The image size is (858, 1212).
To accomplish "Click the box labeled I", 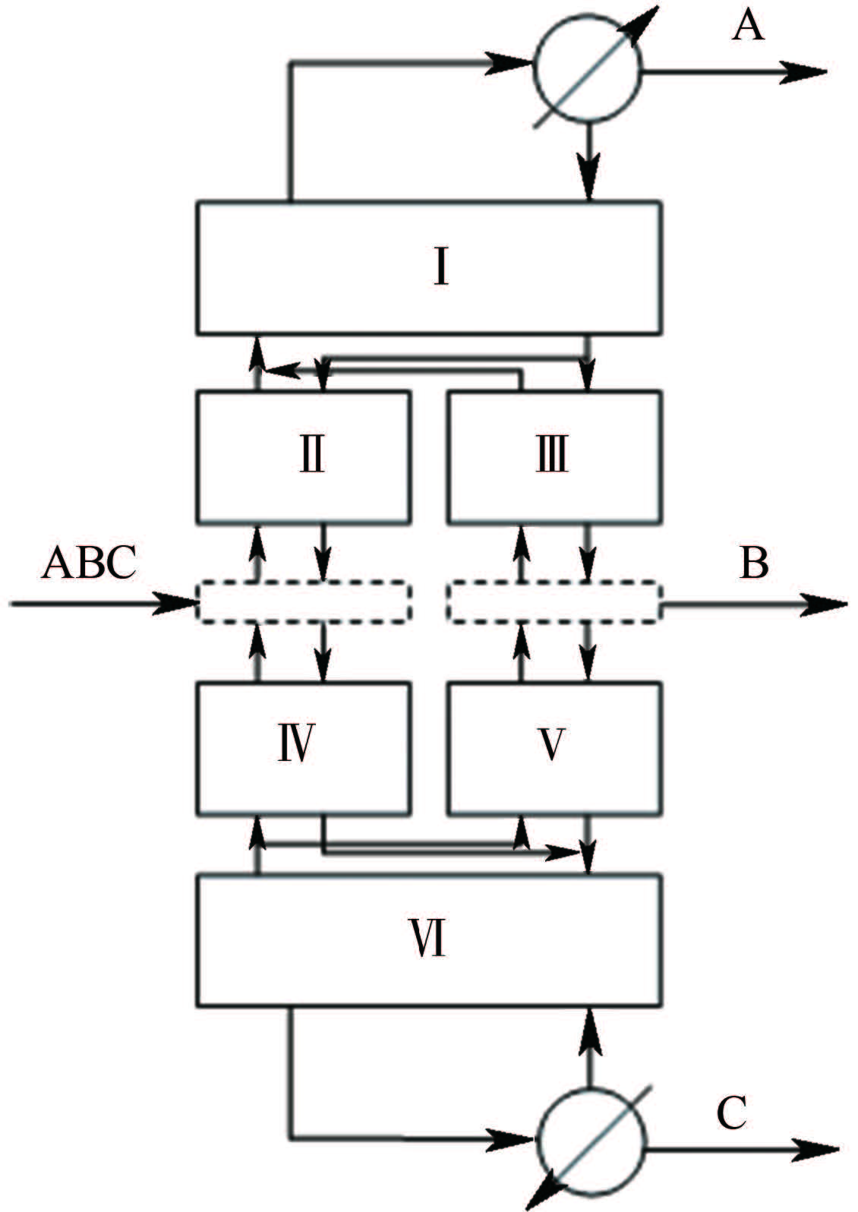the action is click(x=429, y=267).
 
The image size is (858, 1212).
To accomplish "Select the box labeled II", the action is click(x=304, y=457).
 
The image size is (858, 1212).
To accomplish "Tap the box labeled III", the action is click(x=554, y=457).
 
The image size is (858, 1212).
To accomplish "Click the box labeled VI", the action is click(x=429, y=941).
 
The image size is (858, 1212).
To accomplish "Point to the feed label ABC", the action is click(x=90, y=562).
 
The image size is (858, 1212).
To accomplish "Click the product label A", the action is click(x=748, y=26).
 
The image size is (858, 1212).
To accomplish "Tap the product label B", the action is click(x=753, y=563).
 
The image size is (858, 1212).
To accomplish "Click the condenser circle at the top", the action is click(x=588, y=68).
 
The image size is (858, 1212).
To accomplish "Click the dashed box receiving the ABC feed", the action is click(x=304, y=601).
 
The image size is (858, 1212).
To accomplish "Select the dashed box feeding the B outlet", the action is click(x=554, y=601).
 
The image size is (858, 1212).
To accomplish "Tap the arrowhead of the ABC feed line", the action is click(x=173, y=603).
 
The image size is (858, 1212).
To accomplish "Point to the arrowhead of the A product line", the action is click(x=803, y=71).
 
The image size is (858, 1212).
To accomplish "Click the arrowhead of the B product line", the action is click(x=823, y=604).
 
